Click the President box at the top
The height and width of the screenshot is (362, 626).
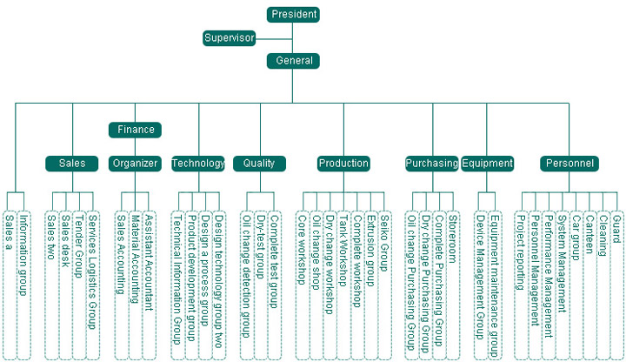pos(294,15)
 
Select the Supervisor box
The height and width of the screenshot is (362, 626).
pos(230,38)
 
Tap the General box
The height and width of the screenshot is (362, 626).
pos(294,61)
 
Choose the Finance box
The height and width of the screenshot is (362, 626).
pos(136,130)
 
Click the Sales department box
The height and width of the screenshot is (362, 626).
pos(72,163)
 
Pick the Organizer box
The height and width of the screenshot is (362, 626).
pos(135,163)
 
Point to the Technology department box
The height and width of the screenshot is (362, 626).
pos(198,163)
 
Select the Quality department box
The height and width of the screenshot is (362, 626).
pos(259,163)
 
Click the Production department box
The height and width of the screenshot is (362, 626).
pos(343,163)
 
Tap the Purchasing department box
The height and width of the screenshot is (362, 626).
pos(431,163)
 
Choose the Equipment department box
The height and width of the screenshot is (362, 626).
pos(487,163)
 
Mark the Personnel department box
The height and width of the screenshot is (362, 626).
pos(569,163)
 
